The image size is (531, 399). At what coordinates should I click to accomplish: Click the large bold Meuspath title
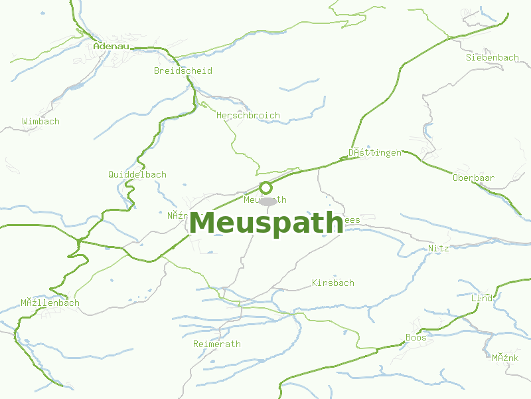[x=266, y=223]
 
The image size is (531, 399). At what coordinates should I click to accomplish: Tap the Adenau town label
[x=111, y=46]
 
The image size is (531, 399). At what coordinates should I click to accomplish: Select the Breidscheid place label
[x=183, y=70]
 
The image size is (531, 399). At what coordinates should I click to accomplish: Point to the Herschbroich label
[x=248, y=115]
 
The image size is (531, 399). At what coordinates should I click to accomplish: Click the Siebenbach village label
[x=492, y=58]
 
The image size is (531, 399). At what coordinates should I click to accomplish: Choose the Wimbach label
[x=40, y=122]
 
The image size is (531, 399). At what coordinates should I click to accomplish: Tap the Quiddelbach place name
[x=137, y=175]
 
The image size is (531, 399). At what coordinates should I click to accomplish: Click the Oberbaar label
[x=473, y=178]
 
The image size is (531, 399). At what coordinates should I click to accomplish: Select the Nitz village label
[x=438, y=248]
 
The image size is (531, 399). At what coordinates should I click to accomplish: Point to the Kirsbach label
[x=333, y=283]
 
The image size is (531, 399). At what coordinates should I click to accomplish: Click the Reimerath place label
[x=216, y=344]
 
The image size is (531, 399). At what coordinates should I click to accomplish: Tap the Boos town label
[x=416, y=338]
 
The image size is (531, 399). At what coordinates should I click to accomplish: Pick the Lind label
[x=482, y=299]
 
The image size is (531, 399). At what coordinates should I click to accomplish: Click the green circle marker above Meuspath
[x=265, y=187]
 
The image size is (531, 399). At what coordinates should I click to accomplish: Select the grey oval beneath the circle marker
[x=267, y=201]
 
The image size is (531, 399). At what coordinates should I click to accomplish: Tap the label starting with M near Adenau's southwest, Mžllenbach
[x=50, y=303]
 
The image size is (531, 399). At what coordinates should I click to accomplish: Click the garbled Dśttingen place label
[x=375, y=153]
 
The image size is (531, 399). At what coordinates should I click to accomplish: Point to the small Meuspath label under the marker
[x=265, y=199]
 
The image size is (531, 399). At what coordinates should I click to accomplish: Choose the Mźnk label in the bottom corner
[x=504, y=358]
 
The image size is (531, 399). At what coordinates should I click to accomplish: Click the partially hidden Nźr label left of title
[x=177, y=215]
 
